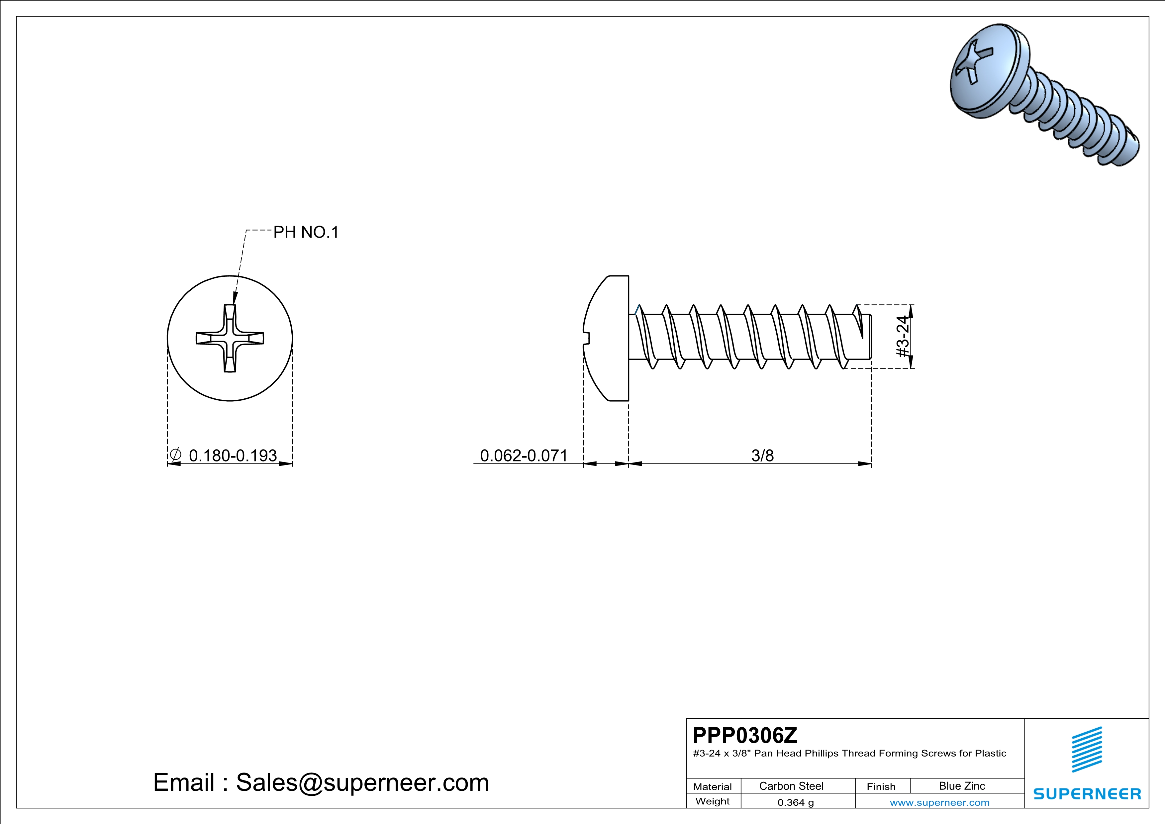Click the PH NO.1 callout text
pos(306,232)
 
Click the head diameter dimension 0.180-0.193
pos(233,456)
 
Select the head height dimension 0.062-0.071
pos(523,456)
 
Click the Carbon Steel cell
pos(791,786)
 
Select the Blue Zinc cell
pos(961,786)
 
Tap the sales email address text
pos(321,782)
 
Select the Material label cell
pos(713,786)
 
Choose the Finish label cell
pos(881,786)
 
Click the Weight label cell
pos(713,801)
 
